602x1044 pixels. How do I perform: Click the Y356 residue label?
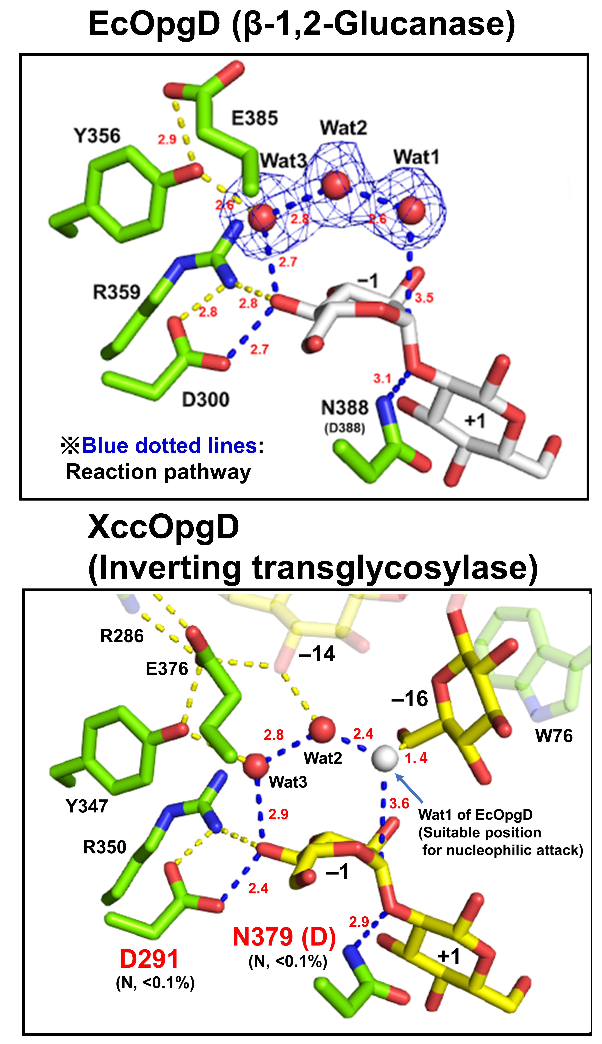point(97,136)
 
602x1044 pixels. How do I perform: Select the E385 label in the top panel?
point(254,118)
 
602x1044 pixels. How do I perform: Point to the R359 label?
point(117,292)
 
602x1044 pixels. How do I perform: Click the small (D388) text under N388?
point(344,428)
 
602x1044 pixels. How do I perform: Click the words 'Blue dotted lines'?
point(170,446)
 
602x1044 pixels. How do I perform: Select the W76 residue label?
point(554,736)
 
